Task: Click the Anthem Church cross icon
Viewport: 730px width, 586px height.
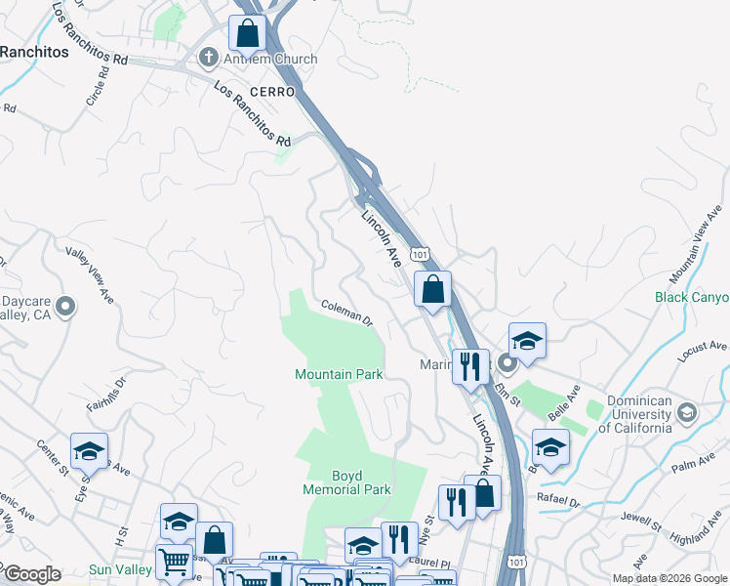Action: tap(207, 59)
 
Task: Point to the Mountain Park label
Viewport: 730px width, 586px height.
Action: tap(339, 374)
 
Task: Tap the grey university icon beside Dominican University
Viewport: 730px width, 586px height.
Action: tap(687, 413)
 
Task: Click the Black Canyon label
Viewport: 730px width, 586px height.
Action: tap(692, 297)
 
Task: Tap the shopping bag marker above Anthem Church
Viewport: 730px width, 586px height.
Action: tap(249, 33)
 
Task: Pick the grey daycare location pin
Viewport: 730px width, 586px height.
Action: tap(65, 308)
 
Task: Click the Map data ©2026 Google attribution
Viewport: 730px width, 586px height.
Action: tap(669, 577)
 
